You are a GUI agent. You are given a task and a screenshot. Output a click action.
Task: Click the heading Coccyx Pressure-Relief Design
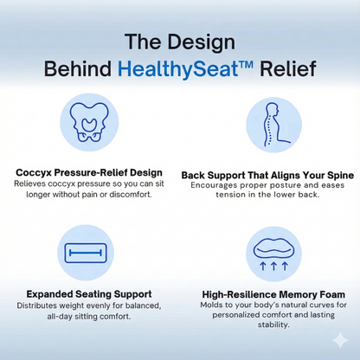tap(89, 173)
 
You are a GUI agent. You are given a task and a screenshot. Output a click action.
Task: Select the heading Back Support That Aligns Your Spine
tap(267, 174)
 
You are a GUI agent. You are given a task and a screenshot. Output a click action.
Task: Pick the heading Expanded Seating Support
tap(89, 294)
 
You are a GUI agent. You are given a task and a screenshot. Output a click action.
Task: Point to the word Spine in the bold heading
tap(337, 174)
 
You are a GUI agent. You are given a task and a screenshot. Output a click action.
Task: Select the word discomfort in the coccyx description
tap(129, 194)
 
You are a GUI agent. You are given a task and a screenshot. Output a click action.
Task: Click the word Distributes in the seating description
tap(37, 305)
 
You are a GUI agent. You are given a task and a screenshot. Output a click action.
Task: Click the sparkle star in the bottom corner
tap(339, 340)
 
